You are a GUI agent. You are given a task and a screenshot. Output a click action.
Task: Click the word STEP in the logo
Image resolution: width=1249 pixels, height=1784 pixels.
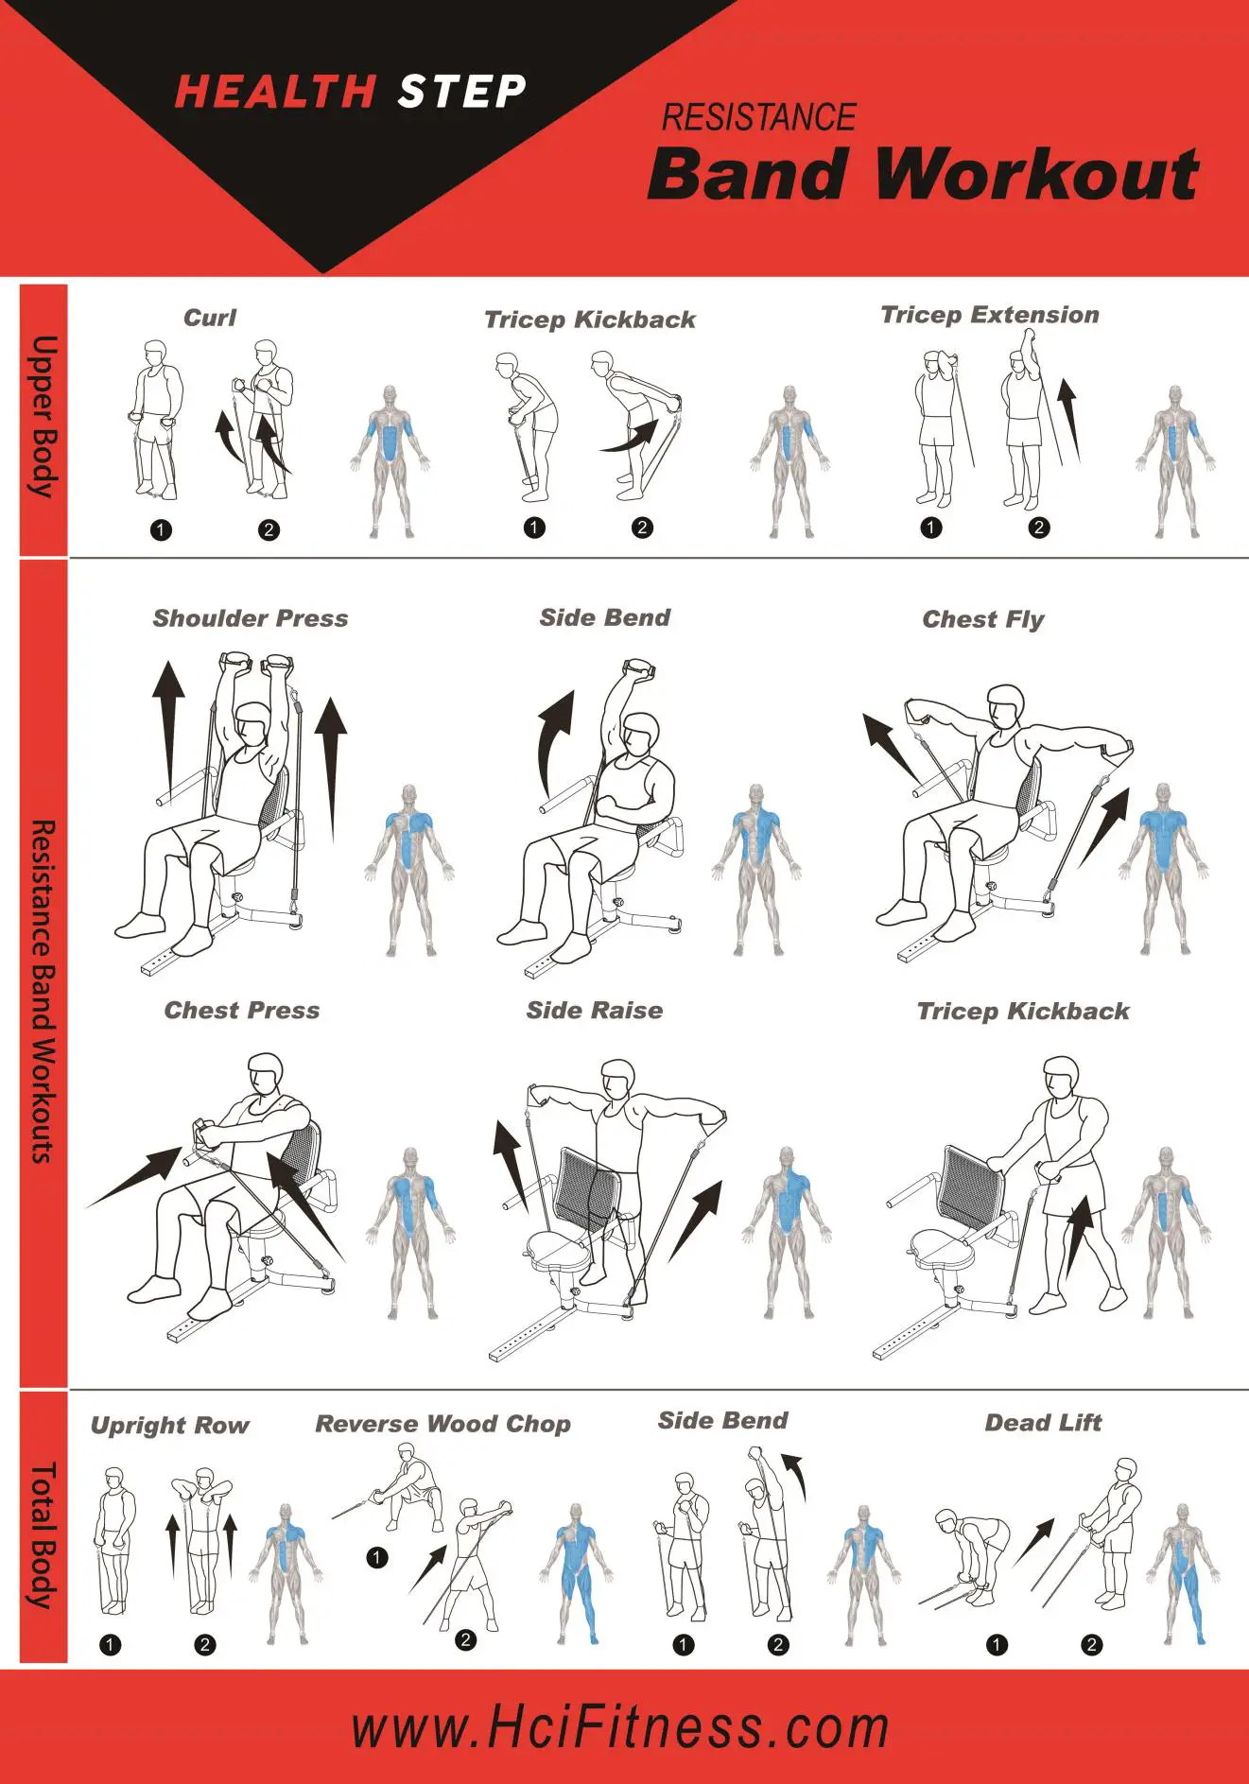[x=461, y=93]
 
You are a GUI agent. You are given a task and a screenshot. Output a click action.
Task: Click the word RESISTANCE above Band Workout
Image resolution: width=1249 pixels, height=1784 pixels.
[x=758, y=118]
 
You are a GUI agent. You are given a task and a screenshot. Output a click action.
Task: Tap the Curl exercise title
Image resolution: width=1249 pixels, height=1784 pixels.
[x=210, y=318]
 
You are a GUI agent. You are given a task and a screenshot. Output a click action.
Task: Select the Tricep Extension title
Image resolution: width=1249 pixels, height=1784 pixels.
[x=989, y=315]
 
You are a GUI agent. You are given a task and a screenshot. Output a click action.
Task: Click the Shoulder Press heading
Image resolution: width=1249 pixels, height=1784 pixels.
[x=251, y=618]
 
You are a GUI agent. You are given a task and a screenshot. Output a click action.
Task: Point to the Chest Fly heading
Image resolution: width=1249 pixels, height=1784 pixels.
[x=982, y=619]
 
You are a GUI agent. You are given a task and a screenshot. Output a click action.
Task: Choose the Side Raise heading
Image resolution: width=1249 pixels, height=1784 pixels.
[x=594, y=1011]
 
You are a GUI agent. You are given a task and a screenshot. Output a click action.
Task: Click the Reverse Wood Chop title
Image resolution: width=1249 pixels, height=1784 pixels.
[x=442, y=1424]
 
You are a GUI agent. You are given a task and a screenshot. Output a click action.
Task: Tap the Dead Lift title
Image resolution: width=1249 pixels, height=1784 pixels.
[x=1043, y=1423]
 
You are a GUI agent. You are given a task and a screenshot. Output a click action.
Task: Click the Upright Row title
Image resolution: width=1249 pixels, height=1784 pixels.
[x=169, y=1426]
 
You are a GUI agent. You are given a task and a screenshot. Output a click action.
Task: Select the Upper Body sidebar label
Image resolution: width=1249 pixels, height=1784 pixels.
[x=43, y=417]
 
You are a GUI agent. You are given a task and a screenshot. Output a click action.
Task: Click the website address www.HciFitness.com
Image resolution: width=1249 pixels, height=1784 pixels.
[x=620, y=1728]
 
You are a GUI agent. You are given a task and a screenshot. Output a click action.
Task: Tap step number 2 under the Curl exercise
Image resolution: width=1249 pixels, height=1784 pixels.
[x=269, y=529]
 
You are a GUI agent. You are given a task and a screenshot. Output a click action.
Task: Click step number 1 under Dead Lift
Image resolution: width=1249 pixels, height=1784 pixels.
[x=997, y=1645]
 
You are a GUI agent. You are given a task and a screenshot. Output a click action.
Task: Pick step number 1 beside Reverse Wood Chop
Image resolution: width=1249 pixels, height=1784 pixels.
[x=376, y=1557]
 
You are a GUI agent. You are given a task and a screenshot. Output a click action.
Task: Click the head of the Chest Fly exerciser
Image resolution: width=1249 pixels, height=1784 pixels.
[x=1006, y=705]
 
